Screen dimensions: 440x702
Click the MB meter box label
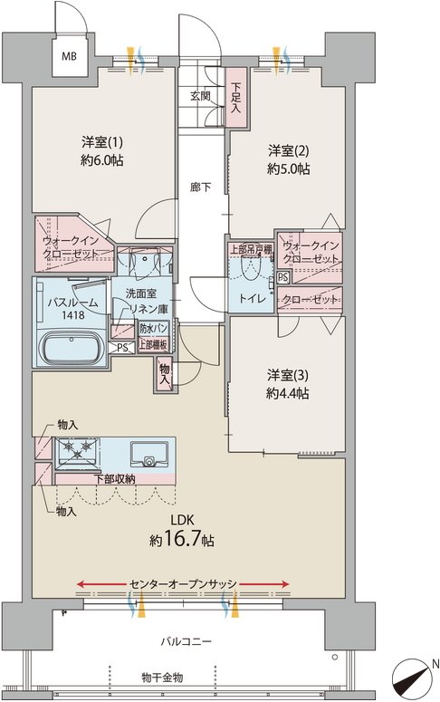(69, 56)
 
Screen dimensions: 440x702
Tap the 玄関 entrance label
(200, 96)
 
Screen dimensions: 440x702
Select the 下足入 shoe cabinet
(236, 97)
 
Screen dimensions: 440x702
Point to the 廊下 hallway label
(200, 188)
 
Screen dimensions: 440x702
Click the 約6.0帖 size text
(102, 160)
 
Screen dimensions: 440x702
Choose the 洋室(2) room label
(288, 151)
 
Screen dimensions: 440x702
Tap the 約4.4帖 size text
(287, 393)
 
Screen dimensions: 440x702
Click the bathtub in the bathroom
(71, 349)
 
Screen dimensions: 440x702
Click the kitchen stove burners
(78, 449)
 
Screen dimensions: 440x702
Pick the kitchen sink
(149, 455)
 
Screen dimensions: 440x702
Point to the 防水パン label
(154, 329)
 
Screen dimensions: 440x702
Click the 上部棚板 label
(153, 344)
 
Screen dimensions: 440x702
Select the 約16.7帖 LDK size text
(182, 540)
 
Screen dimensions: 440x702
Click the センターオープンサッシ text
(183, 584)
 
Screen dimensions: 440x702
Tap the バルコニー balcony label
(186, 641)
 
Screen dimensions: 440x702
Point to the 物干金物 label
(162, 678)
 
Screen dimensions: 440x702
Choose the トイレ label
(253, 299)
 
